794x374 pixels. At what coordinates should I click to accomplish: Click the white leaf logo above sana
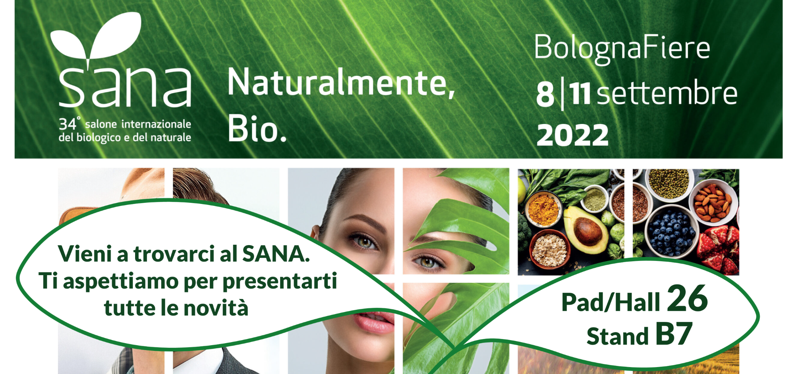point(96,38)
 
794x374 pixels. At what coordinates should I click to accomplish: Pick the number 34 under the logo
point(67,124)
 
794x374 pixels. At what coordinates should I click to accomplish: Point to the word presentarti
point(280,281)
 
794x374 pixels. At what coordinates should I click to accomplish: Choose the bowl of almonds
point(713,204)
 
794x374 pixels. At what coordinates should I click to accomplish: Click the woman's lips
point(374,321)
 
